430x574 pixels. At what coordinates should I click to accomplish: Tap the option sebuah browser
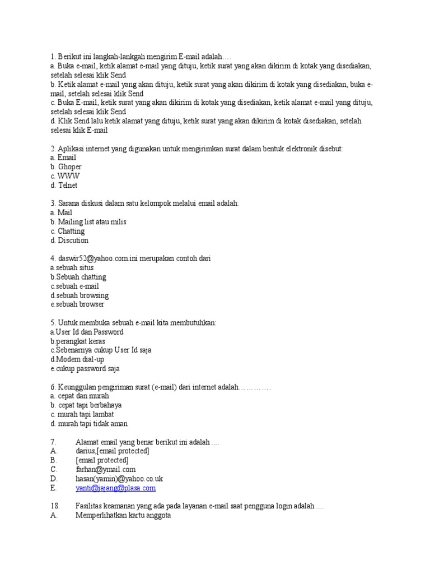pyautogui.click(x=77, y=304)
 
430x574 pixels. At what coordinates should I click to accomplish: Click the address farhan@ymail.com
pyautogui.click(x=106, y=470)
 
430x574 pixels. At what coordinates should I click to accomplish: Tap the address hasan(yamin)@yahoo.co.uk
pyautogui.click(x=119, y=479)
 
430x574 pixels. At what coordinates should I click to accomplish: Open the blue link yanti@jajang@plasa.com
pyautogui.click(x=116, y=488)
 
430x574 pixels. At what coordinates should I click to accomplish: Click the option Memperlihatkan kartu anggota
pyautogui.click(x=123, y=516)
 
